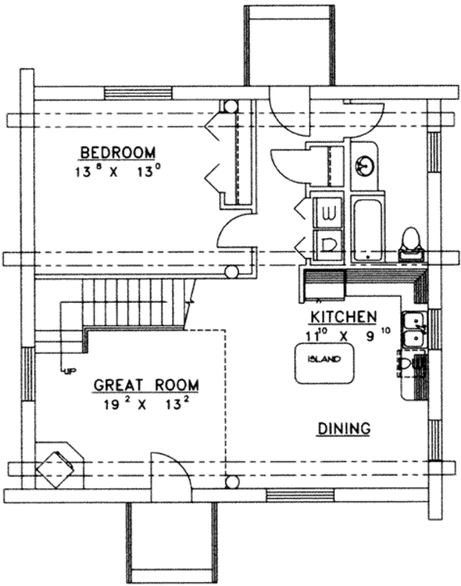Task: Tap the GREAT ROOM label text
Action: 146,385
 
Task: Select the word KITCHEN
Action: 343,316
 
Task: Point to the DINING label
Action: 343,429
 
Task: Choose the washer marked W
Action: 329,211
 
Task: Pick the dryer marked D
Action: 329,244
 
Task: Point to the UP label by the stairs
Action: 70,372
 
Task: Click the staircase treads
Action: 134,303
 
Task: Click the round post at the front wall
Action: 230,482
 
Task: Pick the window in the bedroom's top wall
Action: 138,93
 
